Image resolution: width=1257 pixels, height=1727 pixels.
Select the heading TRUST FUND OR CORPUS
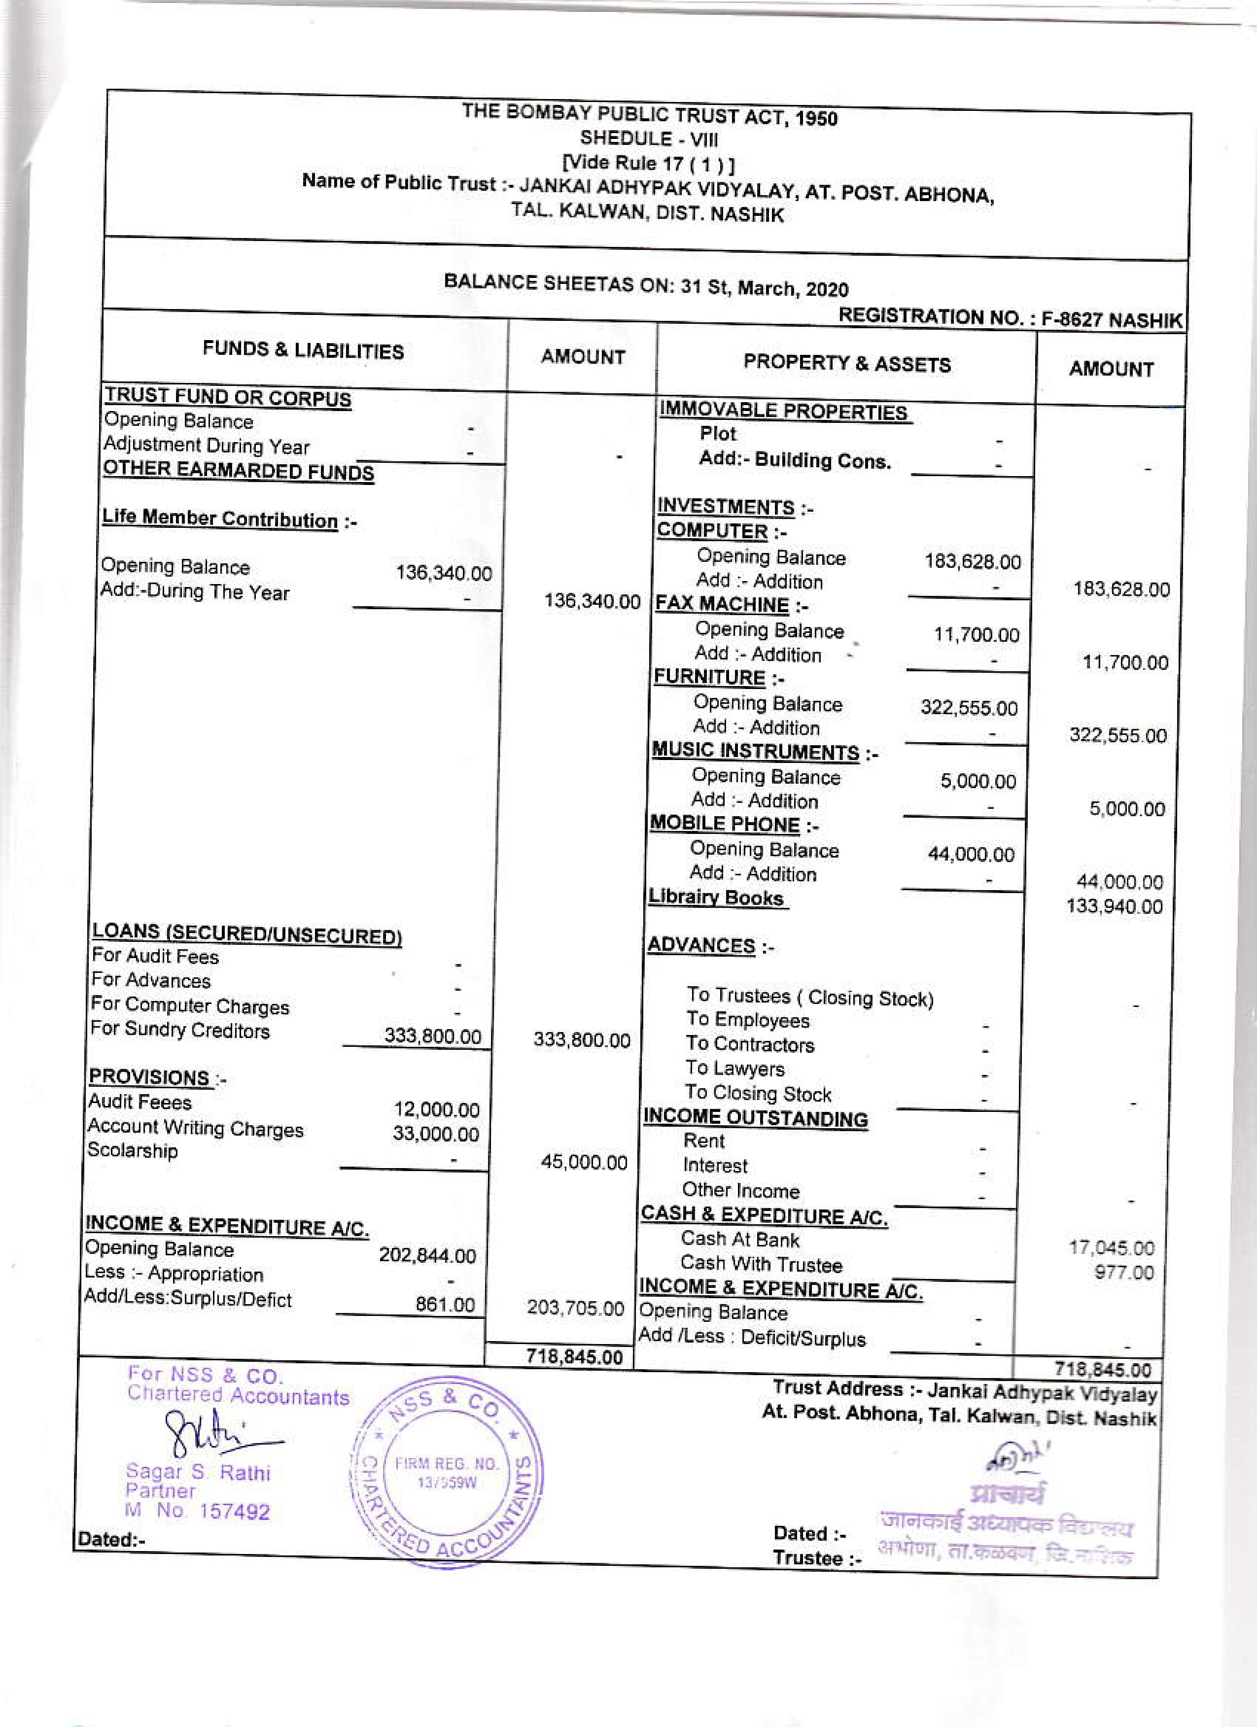[228, 397]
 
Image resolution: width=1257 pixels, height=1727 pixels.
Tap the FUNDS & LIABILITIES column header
[303, 350]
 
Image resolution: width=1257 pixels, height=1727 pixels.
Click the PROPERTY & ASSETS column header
[847, 364]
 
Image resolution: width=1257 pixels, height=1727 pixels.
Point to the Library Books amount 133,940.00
[1115, 906]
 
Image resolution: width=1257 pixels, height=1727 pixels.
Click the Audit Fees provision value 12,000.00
[436, 1109]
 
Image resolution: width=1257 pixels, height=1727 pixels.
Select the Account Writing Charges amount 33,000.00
[435, 1134]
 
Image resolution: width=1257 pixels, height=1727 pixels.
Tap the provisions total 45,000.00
[584, 1163]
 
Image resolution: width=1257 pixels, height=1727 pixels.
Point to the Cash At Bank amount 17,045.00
[1112, 1248]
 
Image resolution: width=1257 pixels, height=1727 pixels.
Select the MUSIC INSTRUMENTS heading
[755, 752]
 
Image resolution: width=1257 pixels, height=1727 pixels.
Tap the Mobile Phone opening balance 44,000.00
[971, 854]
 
